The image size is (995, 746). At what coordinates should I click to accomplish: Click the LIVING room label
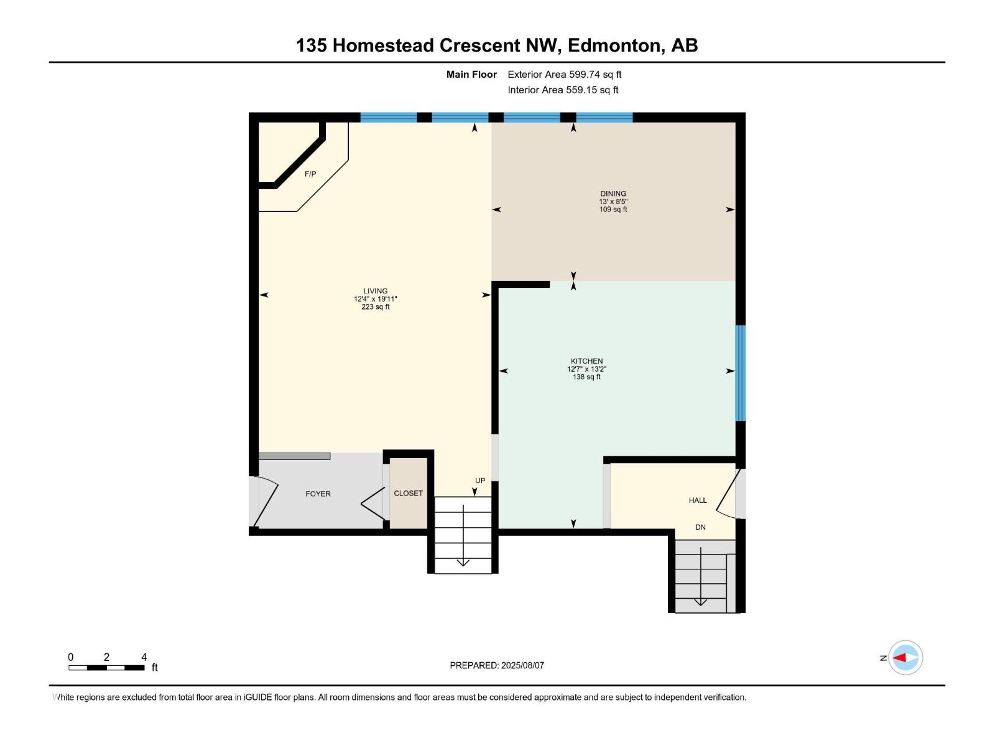376,291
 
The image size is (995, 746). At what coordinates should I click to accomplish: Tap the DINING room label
613,193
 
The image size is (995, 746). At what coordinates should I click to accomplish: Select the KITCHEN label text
586,361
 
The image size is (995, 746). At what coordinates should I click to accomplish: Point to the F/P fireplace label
310,174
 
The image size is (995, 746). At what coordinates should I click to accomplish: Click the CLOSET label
408,493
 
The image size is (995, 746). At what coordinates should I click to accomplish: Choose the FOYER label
318,494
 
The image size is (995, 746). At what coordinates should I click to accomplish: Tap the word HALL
698,500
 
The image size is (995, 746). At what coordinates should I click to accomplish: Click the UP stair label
480,481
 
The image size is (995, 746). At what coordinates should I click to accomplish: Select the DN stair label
700,527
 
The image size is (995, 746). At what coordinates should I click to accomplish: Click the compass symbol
905,658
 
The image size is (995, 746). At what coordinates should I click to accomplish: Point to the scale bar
106,668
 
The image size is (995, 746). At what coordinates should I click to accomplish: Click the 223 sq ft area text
376,306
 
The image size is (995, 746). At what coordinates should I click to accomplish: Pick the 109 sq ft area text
613,210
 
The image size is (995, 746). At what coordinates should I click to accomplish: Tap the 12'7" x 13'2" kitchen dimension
586,369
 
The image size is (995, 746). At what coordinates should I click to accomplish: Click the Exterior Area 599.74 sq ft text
565,74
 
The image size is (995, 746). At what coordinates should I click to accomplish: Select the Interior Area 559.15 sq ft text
563,90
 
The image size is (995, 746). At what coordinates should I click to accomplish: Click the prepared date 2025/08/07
522,665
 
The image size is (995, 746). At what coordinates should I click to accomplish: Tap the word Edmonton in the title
614,45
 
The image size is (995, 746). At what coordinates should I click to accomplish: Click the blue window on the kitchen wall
740,373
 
